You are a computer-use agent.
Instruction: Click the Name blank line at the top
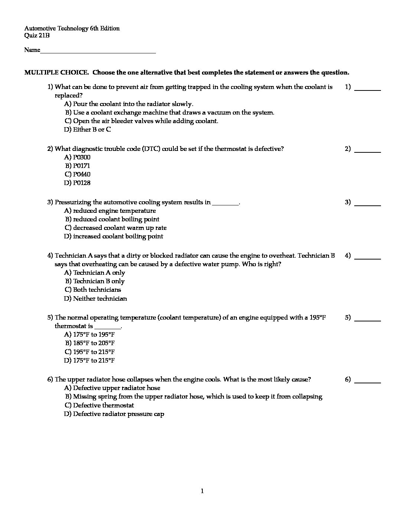tap(98, 52)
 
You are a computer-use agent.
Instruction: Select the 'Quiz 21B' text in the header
tap(37, 36)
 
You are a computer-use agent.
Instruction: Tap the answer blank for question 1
tap(368, 89)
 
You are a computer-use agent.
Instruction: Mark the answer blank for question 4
tap(368, 257)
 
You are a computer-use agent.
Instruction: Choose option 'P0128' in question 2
tap(81, 183)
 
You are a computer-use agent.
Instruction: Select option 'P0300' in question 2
tap(81, 157)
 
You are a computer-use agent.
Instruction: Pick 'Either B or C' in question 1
tap(92, 129)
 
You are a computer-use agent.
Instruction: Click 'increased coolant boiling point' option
tap(118, 236)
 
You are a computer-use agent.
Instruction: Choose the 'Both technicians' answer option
tap(97, 290)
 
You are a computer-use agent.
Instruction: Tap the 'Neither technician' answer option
tap(100, 298)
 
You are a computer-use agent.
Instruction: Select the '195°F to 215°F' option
tap(94, 352)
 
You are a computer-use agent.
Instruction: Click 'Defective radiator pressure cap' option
tap(118, 414)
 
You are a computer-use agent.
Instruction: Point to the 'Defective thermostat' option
tap(103, 405)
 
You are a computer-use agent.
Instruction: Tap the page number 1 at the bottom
tap(202, 491)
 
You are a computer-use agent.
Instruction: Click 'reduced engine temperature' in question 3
tap(114, 211)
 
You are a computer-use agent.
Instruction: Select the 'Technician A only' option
tap(99, 272)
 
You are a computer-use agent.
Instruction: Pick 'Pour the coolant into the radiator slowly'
tap(133, 104)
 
